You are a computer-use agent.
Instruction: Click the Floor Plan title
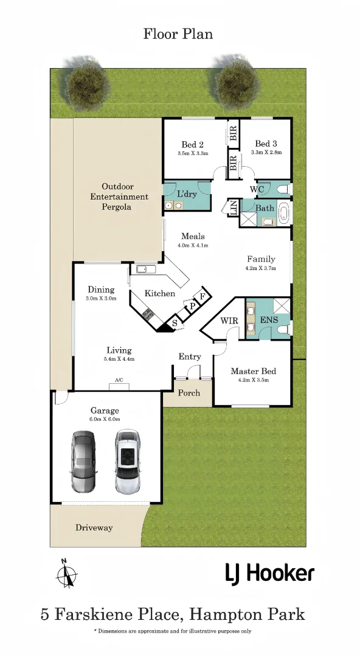click(178, 33)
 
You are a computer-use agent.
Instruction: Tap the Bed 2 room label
click(192, 145)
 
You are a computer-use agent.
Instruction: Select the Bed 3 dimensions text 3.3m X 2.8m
click(266, 153)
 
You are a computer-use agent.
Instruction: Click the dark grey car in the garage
click(84, 461)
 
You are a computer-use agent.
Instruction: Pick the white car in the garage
click(128, 461)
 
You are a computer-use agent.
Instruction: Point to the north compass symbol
click(67, 573)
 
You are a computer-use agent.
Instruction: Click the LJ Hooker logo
click(270, 574)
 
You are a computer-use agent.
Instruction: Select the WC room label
click(257, 189)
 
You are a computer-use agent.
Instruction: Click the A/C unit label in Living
click(119, 380)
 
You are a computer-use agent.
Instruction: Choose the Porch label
click(189, 393)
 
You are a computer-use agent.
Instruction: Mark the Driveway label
click(94, 527)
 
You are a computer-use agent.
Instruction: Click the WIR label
click(229, 321)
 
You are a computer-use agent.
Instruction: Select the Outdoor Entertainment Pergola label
click(119, 196)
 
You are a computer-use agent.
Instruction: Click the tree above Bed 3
click(237, 82)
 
